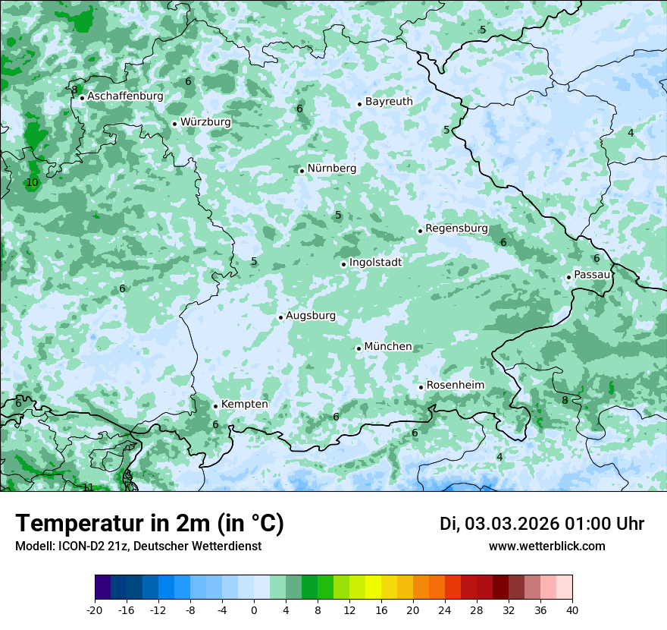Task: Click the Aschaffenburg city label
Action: pyautogui.click(x=125, y=96)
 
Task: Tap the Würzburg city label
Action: pyautogui.click(x=205, y=121)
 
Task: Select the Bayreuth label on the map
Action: pyautogui.click(x=389, y=101)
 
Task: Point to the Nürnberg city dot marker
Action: pyautogui.click(x=302, y=171)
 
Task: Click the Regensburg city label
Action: pyautogui.click(x=456, y=228)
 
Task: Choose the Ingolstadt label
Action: pyautogui.click(x=375, y=262)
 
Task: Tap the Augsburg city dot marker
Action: pyautogui.click(x=280, y=317)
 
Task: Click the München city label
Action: pyautogui.click(x=388, y=346)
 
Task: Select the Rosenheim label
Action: pyautogui.click(x=455, y=385)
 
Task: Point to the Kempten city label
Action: pyautogui.click(x=244, y=404)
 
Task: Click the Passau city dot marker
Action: pyautogui.click(x=568, y=277)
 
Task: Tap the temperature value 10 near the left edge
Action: pyautogui.click(x=32, y=183)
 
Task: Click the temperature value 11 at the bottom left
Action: pyautogui.click(x=88, y=487)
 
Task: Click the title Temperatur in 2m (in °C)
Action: pyautogui.click(x=149, y=524)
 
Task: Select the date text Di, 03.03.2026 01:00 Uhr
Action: pyautogui.click(x=542, y=524)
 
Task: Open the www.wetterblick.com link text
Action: pyautogui.click(x=546, y=546)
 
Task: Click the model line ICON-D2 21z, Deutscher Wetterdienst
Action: pyautogui.click(x=138, y=546)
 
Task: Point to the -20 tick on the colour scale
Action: pyautogui.click(x=95, y=610)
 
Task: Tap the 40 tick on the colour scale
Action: pyautogui.click(x=571, y=610)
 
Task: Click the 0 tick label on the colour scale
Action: pyautogui.click(x=254, y=610)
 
